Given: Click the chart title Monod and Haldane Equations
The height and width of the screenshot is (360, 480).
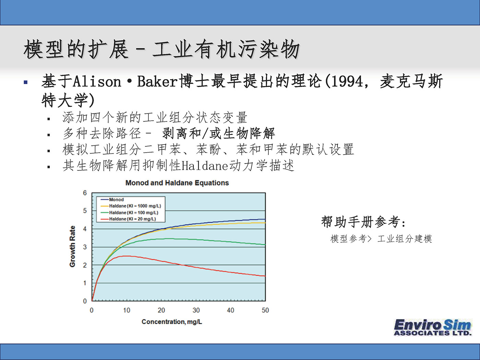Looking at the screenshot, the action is tap(177, 183).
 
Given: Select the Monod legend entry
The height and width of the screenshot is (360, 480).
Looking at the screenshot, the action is tap(112, 200).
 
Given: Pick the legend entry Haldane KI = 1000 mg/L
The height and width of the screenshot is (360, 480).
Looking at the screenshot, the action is tap(131, 206).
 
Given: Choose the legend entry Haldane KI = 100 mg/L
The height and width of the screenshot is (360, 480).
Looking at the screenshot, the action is tap(130, 213).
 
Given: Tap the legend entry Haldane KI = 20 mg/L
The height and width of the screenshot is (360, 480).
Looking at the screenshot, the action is tap(128, 219).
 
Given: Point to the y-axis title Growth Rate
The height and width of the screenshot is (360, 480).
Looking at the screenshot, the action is tap(72, 246).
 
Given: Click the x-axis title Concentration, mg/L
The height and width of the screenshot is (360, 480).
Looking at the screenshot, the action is tap(172, 322).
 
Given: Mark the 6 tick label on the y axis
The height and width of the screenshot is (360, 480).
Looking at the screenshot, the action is tap(85, 193).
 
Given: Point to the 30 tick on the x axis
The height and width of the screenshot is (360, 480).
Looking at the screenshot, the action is tap(196, 310).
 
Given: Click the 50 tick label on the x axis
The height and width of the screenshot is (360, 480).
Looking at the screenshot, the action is tap(265, 310).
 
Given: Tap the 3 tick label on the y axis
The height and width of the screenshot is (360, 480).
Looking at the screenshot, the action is tap(85, 247).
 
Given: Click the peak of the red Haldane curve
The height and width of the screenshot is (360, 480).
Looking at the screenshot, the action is tap(127, 256).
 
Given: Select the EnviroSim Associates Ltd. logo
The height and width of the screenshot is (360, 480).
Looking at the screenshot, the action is tap(433, 327).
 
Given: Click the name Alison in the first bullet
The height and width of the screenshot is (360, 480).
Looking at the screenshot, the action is tap(97, 82).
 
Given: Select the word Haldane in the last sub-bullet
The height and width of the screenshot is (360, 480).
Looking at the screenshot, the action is tap(205, 166).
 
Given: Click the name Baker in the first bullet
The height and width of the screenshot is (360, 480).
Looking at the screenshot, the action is tap(157, 82).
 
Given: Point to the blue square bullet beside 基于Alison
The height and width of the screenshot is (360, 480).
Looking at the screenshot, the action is tap(26, 82).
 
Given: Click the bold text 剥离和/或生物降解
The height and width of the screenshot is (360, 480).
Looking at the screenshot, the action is tap(218, 133).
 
